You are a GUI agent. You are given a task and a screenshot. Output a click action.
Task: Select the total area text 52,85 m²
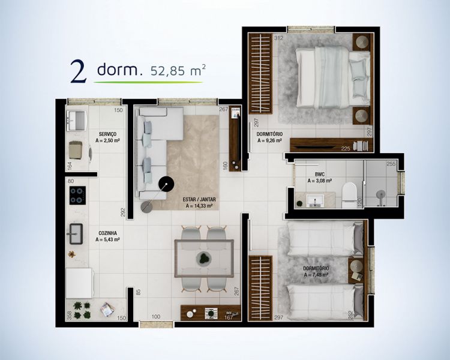click(177, 70)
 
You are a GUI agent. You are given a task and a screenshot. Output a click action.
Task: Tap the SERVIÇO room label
click(107, 134)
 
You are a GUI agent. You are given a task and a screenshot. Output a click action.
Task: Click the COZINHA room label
click(107, 233)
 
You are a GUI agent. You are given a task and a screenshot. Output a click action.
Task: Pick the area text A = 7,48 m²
click(316, 275)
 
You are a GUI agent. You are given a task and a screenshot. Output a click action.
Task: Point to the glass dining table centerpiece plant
click(205, 259)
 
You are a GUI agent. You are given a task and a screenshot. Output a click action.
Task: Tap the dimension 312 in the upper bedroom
click(262, 38)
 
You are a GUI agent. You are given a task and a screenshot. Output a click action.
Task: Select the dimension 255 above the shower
click(391, 163)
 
